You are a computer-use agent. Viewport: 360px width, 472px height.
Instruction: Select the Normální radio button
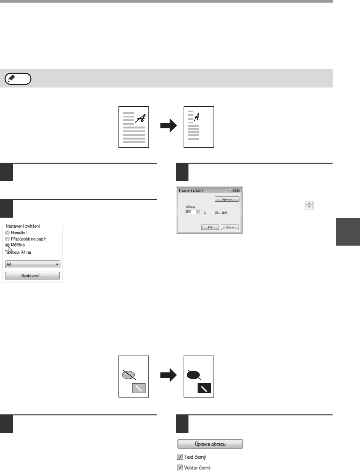pos(7,233)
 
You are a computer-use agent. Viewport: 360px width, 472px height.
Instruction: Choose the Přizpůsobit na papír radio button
pos(7,239)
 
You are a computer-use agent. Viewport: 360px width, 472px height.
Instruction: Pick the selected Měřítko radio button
pos(7,245)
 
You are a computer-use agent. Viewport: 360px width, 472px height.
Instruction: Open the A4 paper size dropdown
pos(33,264)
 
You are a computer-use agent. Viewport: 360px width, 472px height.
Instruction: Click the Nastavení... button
pos(32,276)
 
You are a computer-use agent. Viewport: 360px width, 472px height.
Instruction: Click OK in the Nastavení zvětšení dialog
pos(210,227)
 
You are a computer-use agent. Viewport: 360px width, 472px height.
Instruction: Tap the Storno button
pos(230,227)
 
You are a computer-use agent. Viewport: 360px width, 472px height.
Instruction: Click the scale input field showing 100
pos(190,212)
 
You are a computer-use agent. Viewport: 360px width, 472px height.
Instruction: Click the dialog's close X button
pos(237,191)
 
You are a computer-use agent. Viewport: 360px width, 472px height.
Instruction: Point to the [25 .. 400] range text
pos(221,213)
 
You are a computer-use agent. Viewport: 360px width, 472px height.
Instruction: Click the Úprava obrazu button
pos(210,444)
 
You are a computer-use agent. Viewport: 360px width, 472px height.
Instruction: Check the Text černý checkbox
pos(180,457)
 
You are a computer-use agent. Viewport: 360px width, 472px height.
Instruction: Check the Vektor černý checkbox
pos(180,468)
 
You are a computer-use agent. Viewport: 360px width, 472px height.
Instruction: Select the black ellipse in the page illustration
pos(193,375)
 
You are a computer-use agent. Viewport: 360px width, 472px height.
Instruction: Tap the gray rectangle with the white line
pos(139,388)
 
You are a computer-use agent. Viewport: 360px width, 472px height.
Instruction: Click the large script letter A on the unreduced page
pos(140,118)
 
